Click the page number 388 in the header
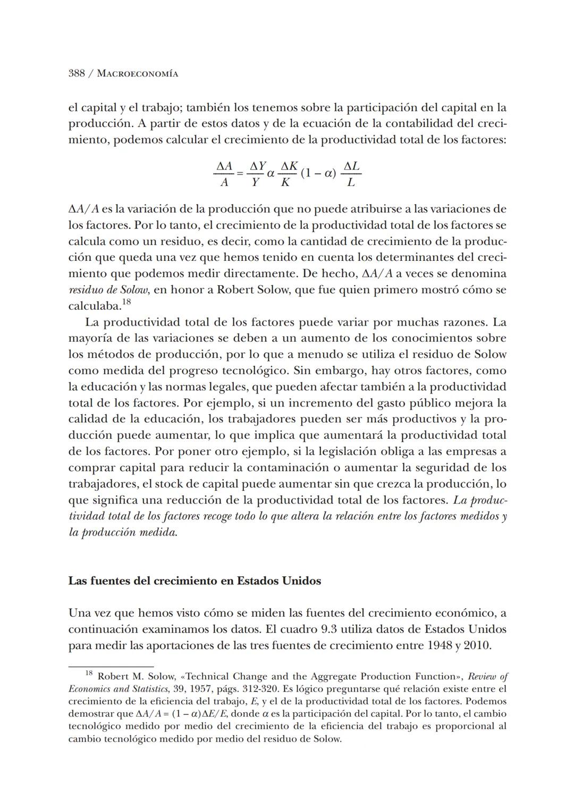(x=77, y=74)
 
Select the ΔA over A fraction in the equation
(x=224, y=174)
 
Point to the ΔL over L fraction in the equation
(x=351, y=174)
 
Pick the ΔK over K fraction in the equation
(x=286, y=174)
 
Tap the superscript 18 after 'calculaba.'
(x=126, y=303)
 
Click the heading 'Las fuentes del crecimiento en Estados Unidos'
(x=195, y=581)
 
